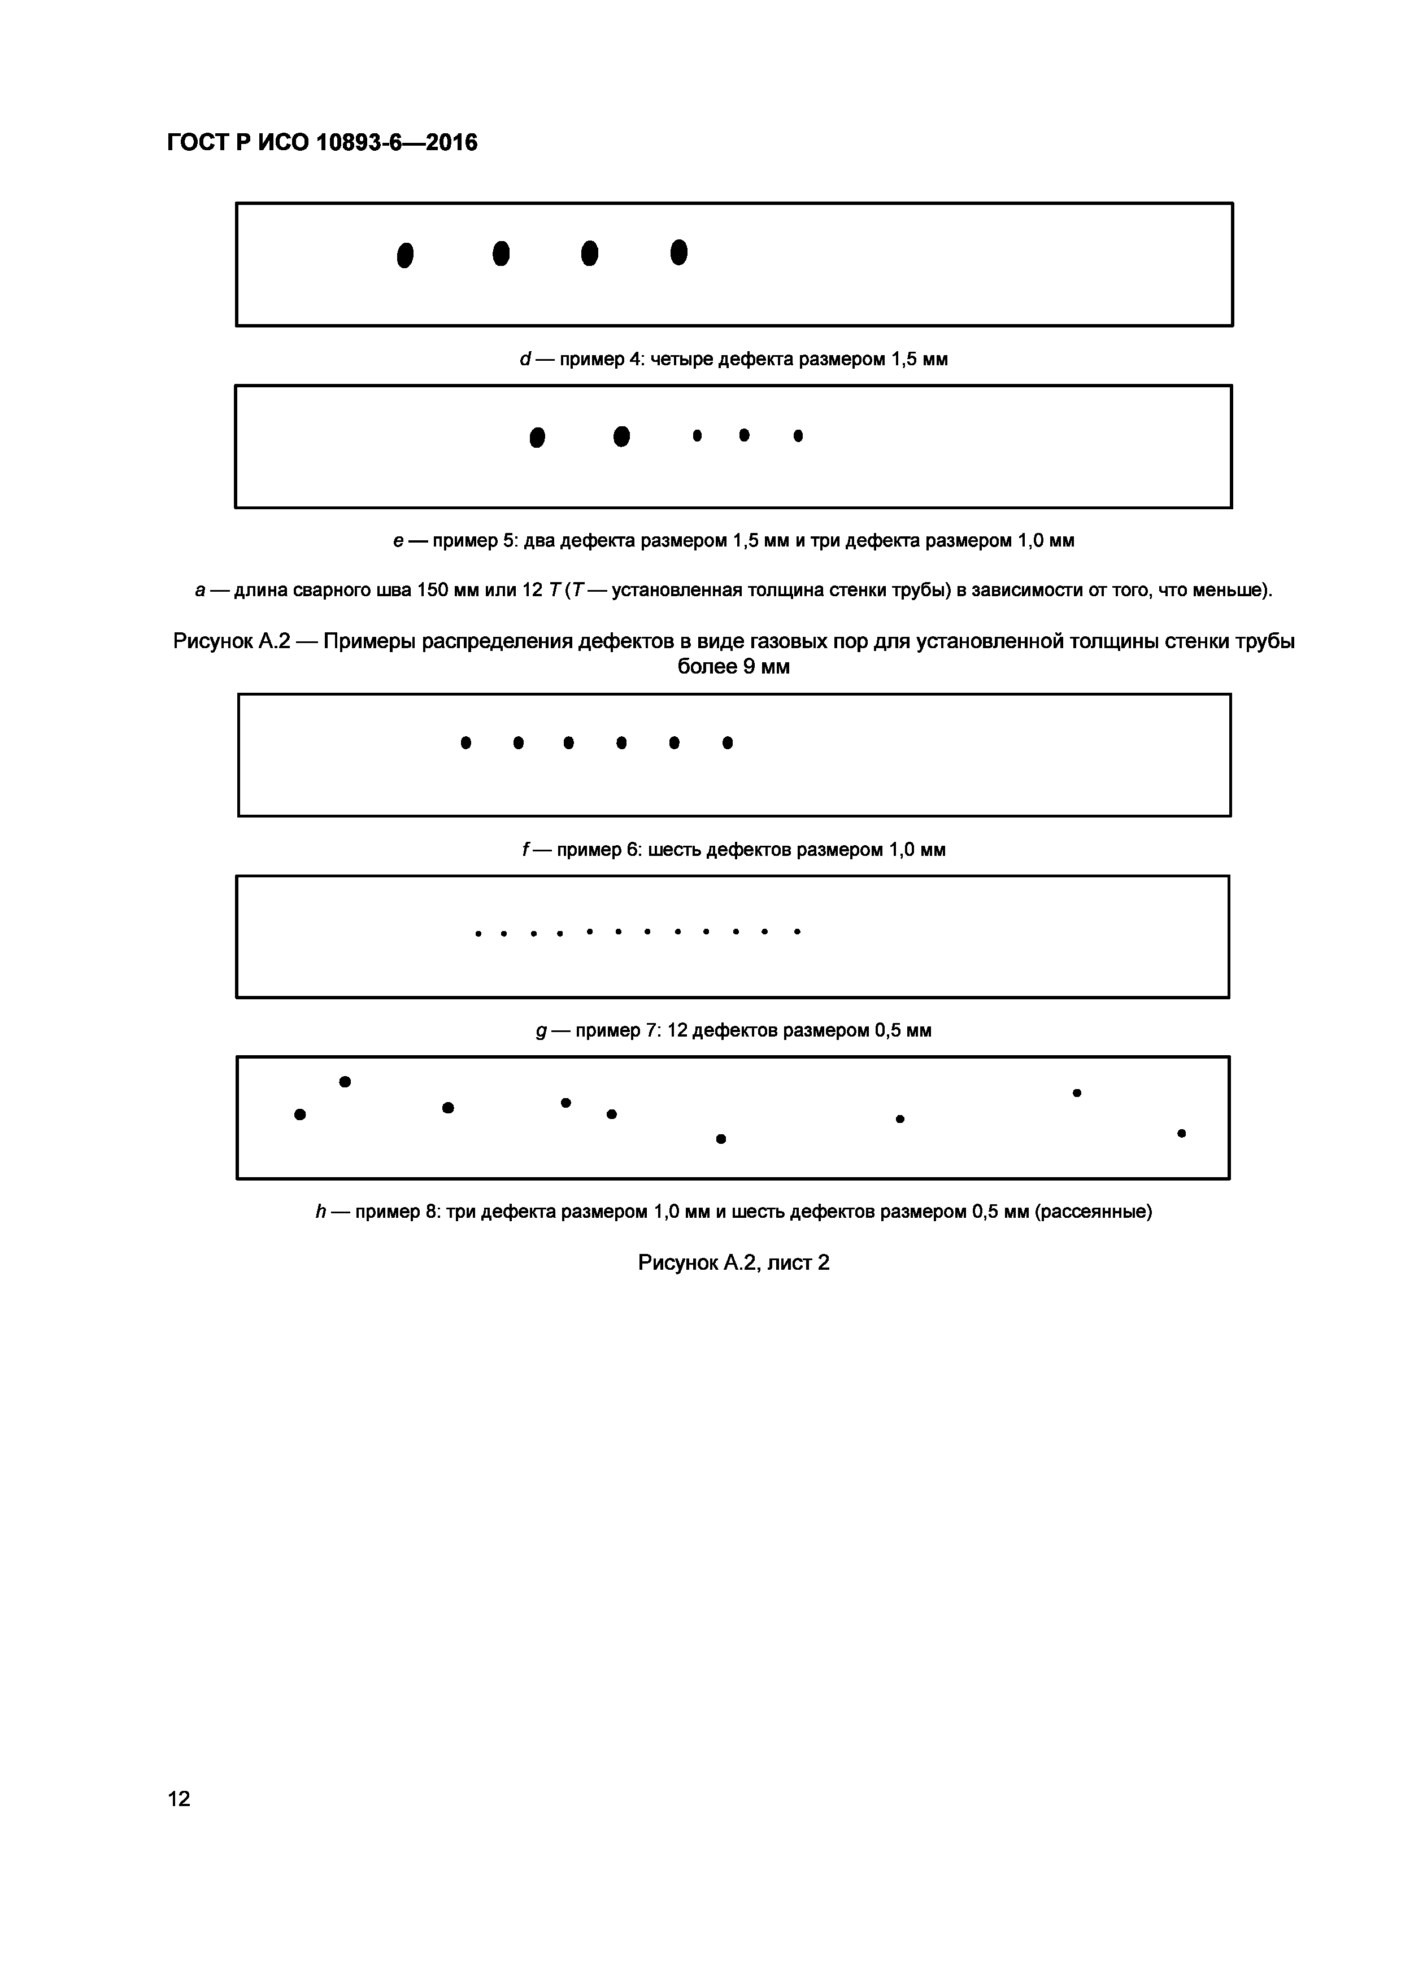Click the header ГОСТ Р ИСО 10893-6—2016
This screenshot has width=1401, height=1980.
coord(322,142)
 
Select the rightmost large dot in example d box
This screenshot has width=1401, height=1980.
coord(679,253)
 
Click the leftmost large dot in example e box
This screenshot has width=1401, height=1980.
coord(537,437)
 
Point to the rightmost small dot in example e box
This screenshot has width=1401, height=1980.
coord(798,435)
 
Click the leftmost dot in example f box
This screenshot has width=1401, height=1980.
coord(466,742)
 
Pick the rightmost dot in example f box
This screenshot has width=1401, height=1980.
coord(727,742)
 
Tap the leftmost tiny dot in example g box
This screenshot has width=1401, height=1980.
coord(478,933)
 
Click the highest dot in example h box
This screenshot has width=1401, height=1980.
coord(345,1081)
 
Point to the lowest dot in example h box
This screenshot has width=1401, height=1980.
coord(721,1138)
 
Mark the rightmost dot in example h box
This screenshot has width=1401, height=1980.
coord(1181,1133)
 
